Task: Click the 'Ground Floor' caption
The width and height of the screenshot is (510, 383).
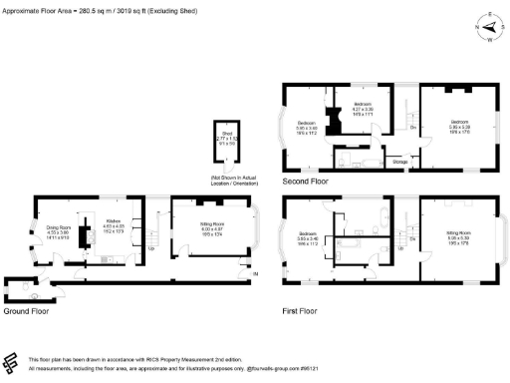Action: click(27, 311)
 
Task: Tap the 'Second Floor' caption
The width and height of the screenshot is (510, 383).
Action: click(305, 183)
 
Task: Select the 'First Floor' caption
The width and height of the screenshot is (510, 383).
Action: click(302, 311)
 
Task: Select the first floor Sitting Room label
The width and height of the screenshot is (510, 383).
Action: click(457, 235)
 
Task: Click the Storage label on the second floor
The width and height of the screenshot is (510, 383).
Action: click(399, 160)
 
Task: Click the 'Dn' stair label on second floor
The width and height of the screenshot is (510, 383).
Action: click(412, 128)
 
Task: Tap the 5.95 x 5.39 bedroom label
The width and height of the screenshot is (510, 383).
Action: click(457, 126)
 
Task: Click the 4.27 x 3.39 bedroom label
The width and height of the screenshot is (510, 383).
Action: click(365, 108)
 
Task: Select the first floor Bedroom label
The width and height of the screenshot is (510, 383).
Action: click(307, 235)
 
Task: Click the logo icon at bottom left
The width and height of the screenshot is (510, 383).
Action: click(13, 361)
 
